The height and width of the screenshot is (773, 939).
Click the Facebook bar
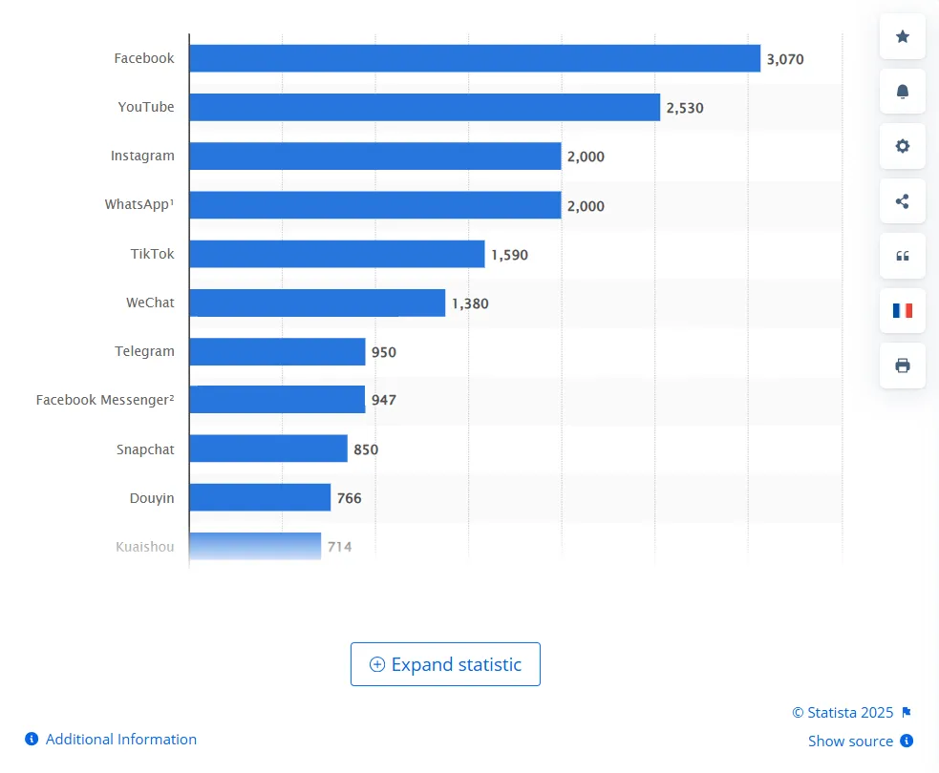click(x=475, y=58)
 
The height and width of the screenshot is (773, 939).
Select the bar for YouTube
click(x=424, y=107)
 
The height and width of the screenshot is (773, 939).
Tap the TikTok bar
click(x=336, y=254)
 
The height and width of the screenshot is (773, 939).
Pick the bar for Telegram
click(x=277, y=351)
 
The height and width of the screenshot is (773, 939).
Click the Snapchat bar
click(x=267, y=449)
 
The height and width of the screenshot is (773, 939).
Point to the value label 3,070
click(x=785, y=59)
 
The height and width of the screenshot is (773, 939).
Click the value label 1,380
click(x=470, y=303)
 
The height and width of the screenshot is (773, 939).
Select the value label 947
click(x=384, y=400)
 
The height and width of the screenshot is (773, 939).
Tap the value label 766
click(x=350, y=497)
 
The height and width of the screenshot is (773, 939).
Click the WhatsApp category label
click(x=139, y=204)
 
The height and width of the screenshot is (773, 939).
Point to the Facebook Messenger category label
click(x=105, y=400)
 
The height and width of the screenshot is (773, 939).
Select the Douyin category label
click(x=152, y=497)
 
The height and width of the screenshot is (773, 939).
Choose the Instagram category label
click(x=142, y=156)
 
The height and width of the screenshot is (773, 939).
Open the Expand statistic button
click(x=445, y=664)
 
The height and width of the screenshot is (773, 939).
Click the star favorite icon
click(x=903, y=36)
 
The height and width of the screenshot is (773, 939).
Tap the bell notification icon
click(x=903, y=92)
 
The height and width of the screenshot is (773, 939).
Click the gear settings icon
click(x=903, y=146)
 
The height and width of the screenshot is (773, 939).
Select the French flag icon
click(x=903, y=310)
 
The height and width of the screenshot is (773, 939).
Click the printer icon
click(x=903, y=366)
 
